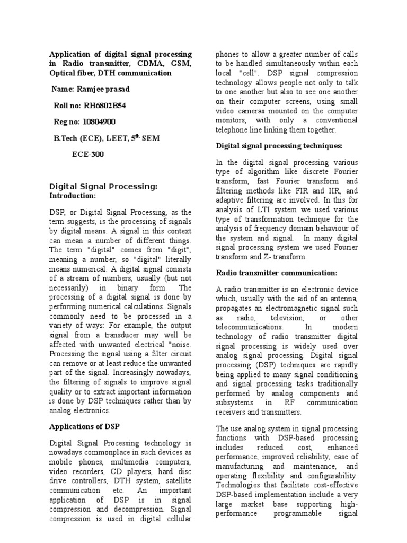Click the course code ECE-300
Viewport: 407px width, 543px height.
(88, 155)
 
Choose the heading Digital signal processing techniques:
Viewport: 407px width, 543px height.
(280, 145)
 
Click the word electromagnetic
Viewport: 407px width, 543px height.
(300, 308)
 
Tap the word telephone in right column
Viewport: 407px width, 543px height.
(234, 130)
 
